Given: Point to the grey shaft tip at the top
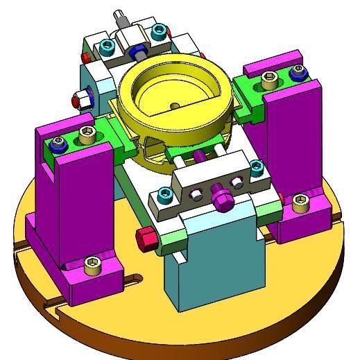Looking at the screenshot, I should [118, 15].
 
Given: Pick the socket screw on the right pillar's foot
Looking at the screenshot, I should [300, 201].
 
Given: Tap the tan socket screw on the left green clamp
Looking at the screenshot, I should [87, 132].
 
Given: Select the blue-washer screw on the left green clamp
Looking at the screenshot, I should [59, 145].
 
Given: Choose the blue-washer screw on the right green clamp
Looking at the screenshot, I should [299, 71].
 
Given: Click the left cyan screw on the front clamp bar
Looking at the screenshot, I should [164, 195].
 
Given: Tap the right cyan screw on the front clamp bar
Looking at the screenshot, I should [256, 166].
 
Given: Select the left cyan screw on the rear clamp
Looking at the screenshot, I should [107, 46].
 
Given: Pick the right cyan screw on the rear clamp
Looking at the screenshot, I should [160, 31].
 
